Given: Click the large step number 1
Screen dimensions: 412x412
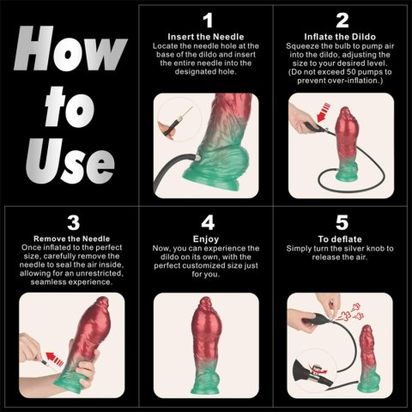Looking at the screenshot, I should click(206, 20).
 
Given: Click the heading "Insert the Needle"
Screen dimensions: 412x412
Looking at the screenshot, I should click(206, 36).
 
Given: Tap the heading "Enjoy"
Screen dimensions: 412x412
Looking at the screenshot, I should click(206, 238).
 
